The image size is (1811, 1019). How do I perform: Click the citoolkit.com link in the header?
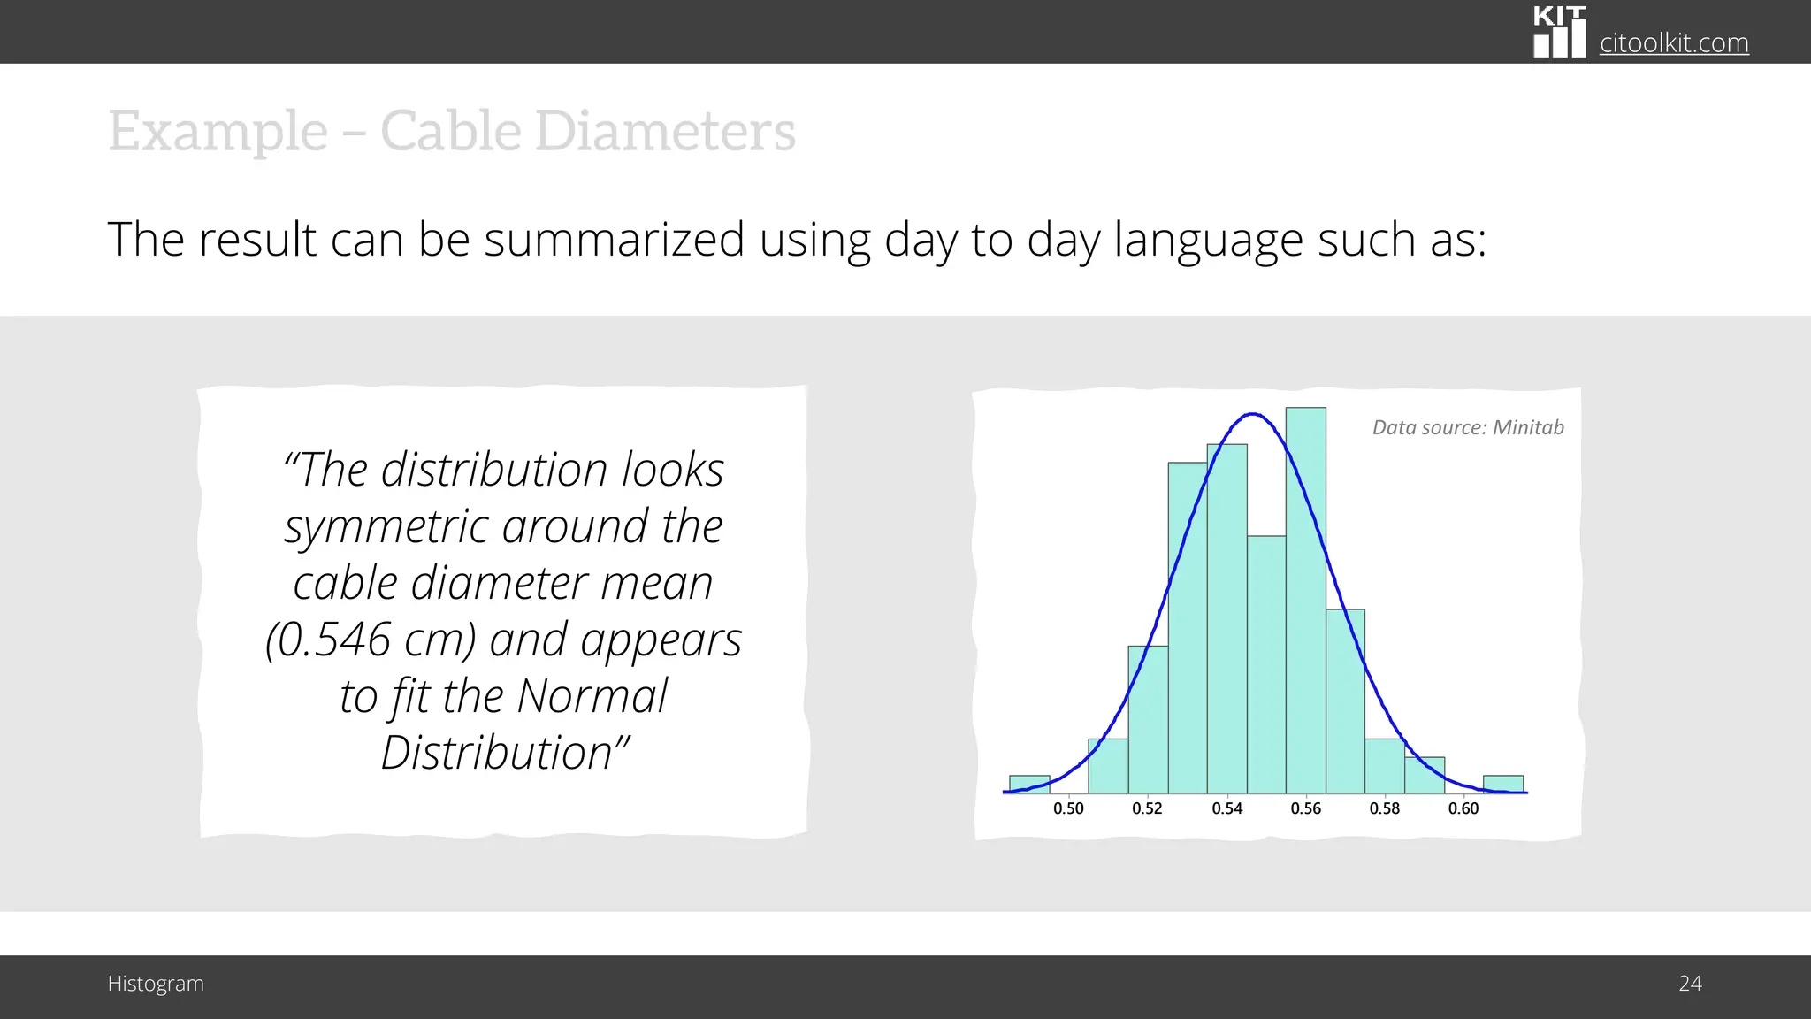[1673, 42]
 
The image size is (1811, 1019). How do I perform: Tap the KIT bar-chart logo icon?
[1559, 34]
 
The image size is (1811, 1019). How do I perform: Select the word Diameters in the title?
[664, 132]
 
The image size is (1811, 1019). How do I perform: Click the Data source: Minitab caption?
[1467, 428]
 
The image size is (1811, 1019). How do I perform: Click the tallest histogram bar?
[1305, 601]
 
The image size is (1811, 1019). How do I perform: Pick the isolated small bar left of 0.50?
[1028, 784]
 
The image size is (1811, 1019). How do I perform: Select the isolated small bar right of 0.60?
[1502, 784]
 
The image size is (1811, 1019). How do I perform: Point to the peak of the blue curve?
[1252, 414]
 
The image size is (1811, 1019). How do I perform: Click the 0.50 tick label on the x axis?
[1068, 808]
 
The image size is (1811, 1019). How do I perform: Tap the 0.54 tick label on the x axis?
[1226, 808]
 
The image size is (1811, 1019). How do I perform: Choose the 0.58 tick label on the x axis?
[1384, 808]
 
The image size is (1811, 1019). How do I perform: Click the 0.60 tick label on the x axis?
[1463, 808]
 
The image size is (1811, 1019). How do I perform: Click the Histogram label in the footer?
[156, 984]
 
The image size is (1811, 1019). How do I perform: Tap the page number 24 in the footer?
[1689, 984]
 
